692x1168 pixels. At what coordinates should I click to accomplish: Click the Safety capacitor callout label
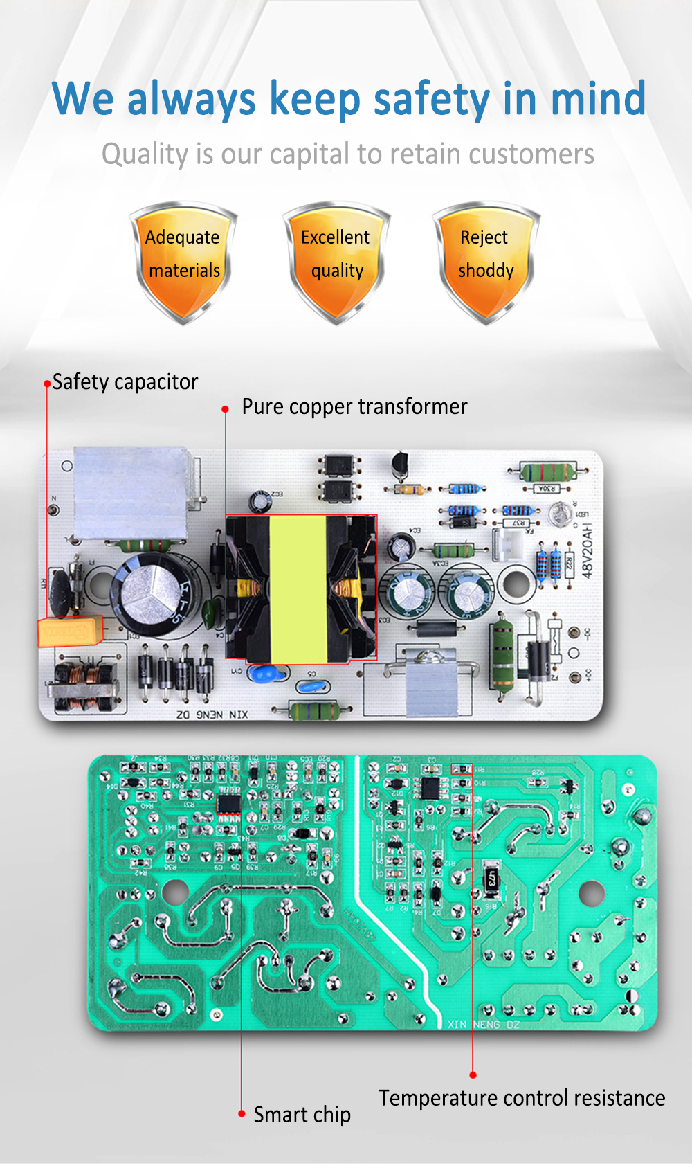tap(125, 382)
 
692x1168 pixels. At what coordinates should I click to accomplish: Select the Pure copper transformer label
tap(354, 406)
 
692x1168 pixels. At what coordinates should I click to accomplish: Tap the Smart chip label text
tap(302, 1114)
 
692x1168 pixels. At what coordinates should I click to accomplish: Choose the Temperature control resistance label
tap(522, 1098)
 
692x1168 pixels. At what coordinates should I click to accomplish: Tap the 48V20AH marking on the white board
tap(587, 551)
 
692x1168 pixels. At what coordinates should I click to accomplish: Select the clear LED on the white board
tap(560, 513)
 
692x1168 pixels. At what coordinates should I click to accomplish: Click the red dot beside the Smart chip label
tap(242, 1113)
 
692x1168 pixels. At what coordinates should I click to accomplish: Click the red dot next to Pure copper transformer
tap(225, 409)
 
